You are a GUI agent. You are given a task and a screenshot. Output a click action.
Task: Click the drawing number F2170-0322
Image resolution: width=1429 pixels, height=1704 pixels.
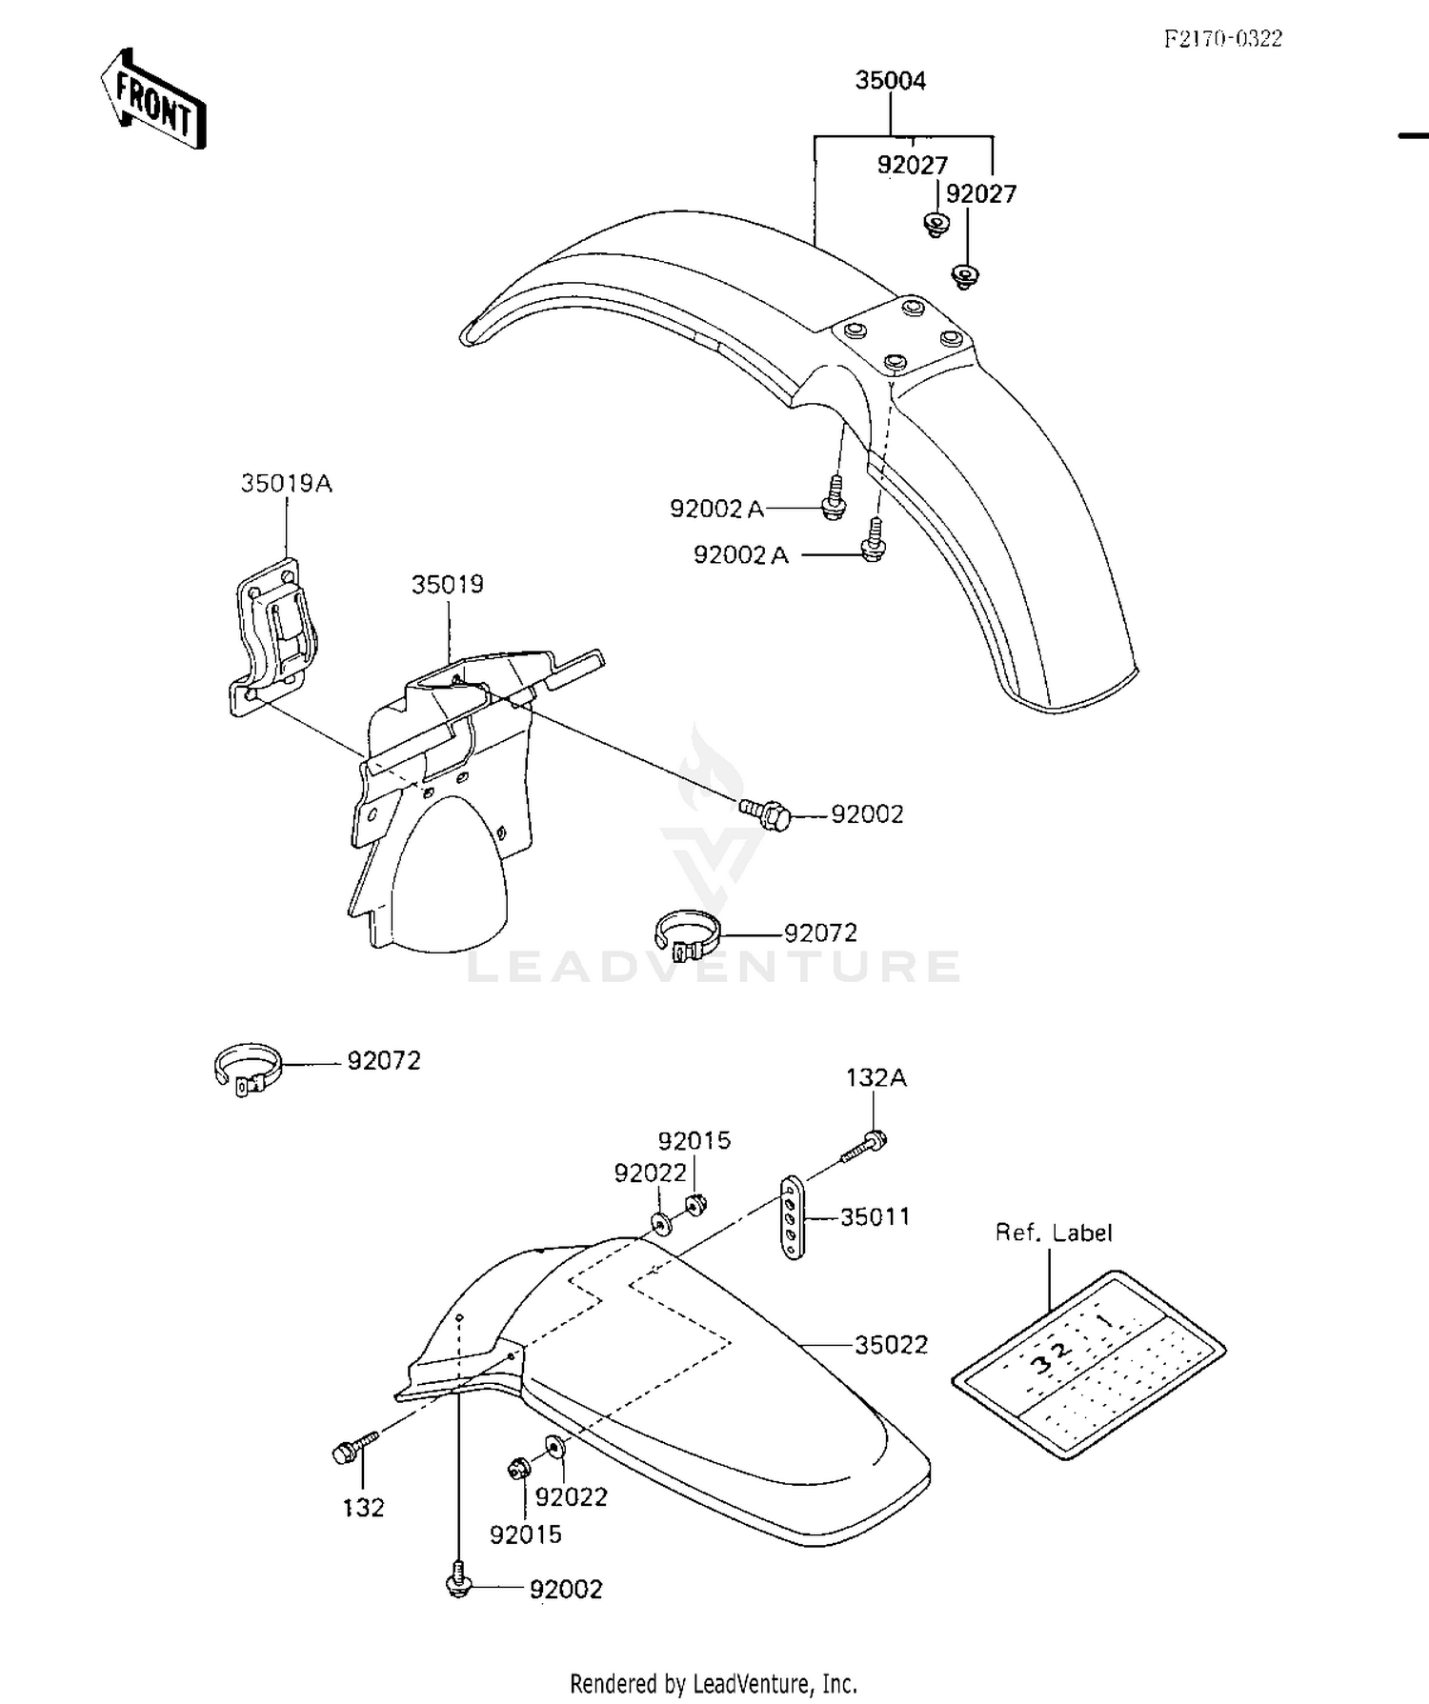point(1223,38)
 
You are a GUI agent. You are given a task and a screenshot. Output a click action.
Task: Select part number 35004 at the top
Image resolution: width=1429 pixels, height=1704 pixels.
point(890,81)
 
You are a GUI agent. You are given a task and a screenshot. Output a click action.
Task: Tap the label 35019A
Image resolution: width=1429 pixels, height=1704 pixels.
point(286,484)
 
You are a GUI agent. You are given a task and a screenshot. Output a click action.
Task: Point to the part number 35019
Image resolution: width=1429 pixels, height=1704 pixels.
point(447,585)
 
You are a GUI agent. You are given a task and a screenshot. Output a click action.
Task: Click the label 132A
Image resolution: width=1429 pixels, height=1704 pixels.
point(876,1078)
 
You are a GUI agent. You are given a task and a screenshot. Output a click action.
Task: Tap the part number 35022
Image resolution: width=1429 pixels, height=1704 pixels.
point(891,1345)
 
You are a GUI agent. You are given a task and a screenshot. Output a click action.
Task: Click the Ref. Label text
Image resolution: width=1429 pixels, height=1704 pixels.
point(1054,1233)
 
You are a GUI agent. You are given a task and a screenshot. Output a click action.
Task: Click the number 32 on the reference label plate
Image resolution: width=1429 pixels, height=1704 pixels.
point(1048,1354)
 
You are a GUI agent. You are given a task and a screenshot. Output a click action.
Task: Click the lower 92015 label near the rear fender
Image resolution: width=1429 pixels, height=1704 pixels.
point(525,1534)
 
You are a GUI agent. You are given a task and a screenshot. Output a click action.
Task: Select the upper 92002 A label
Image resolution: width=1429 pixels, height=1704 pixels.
point(717,510)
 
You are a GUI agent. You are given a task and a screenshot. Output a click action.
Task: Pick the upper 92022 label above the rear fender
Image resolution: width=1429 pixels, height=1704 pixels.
point(650,1173)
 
